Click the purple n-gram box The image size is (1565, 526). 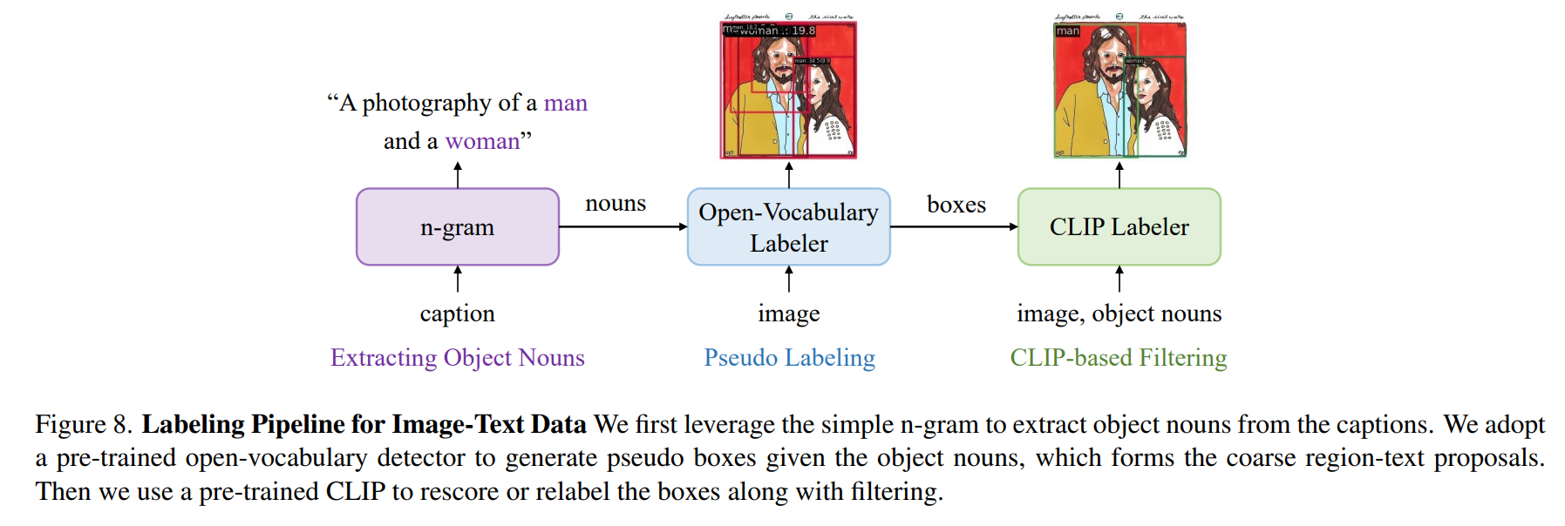tap(457, 226)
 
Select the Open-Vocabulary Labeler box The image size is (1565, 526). tap(788, 226)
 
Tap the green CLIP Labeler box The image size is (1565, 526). tap(1119, 226)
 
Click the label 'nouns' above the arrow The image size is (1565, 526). tap(616, 203)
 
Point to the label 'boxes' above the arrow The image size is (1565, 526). tap(956, 204)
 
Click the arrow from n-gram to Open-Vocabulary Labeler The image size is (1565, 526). tap(623, 226)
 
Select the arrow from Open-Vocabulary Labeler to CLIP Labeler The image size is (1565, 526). tap(954, 226)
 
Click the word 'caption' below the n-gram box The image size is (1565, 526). tap(457, 314)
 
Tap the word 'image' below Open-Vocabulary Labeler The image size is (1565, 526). tap(788, 314)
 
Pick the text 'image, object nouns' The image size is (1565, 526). tap(1119, 314)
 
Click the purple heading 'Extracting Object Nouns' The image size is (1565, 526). tap(457, 358)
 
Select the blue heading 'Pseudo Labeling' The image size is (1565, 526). tap(789, 358)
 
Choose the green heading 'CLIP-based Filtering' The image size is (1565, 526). tap(1118, 358)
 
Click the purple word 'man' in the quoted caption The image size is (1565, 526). tap(566, 103)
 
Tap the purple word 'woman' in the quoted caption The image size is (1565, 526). tap(482, 141)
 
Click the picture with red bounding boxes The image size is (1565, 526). tap(788, 87)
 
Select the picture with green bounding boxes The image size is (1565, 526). tap(1119, 87)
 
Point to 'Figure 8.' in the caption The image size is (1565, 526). tap(84, 424)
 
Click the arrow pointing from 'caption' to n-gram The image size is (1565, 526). tap(458, 279)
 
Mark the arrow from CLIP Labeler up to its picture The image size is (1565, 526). tap(1119, 174)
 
